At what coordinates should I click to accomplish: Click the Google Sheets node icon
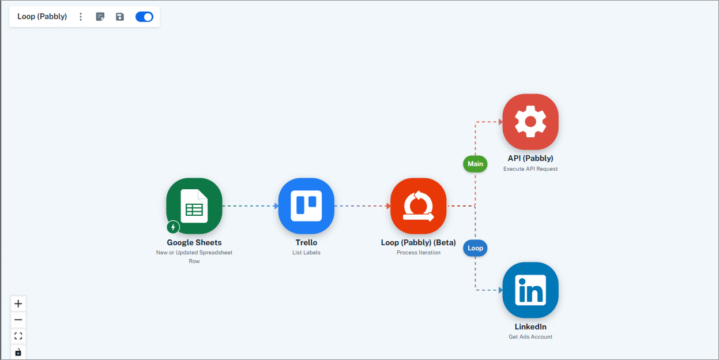[194, 206]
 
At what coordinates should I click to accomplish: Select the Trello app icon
[306, 206]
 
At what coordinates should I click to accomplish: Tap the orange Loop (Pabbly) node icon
[418, 206]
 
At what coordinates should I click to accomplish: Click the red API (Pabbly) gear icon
[530, 122]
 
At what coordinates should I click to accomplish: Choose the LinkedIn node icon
[530, 290]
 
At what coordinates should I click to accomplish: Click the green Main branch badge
[475, 164]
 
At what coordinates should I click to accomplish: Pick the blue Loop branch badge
[475, 248]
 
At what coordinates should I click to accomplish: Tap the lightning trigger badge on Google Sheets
[173, 227]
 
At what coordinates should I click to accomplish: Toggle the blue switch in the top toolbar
[144, 17]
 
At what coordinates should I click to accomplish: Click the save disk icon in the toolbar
[120, 17]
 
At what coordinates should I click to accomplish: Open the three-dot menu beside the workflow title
[81, 17]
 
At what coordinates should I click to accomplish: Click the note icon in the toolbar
[100, 17]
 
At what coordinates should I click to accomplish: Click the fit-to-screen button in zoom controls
[18, 336]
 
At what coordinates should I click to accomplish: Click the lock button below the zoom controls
[18, 352]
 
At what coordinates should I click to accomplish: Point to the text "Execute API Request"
[530, 169]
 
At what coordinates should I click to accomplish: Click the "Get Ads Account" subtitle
[530, 337]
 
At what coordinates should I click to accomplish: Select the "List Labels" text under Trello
[306, 253]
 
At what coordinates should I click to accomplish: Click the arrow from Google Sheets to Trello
[250, 206]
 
